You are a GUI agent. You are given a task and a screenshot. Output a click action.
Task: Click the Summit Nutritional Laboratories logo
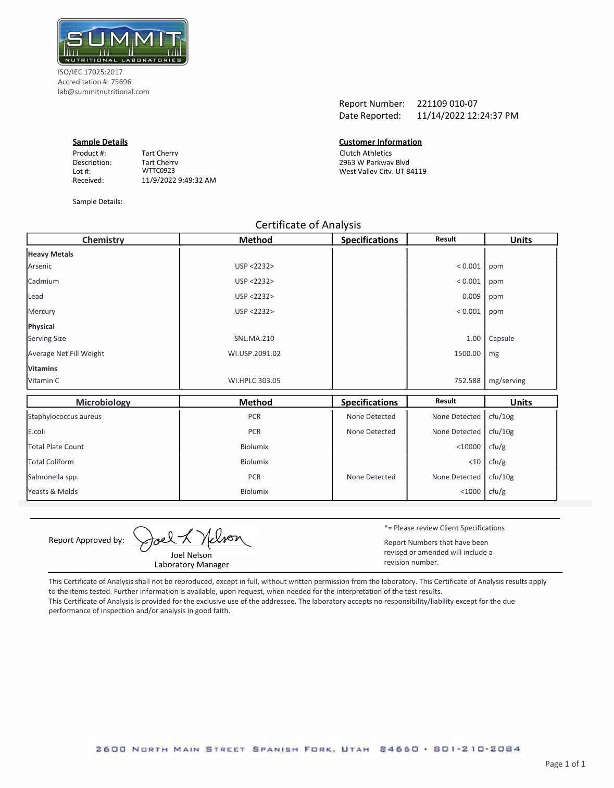(122, 42)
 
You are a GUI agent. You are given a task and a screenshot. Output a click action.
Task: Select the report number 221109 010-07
(447, 104)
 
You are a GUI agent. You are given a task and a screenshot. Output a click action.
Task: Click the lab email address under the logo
(103, 92)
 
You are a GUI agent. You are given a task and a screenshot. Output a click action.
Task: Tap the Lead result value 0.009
(471, 296)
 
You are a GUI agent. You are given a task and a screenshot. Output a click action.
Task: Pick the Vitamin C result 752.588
(467, 380)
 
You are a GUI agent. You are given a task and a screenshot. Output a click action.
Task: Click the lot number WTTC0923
(158, 171)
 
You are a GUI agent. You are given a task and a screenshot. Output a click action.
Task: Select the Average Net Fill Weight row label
(66, 353)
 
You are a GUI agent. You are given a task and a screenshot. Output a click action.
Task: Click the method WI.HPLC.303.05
(254, 380)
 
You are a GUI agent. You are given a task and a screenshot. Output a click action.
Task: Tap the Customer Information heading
(380, 142)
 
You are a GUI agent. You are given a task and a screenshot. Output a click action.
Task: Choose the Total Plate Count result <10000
(468, 447)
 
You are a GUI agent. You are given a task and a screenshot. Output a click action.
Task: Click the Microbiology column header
(103, 402)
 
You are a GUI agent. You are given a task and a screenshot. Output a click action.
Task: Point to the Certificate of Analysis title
(308, 225)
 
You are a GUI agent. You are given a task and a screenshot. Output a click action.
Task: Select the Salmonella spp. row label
(53, 477)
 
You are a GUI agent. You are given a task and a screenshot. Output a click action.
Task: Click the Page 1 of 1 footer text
(565, 764)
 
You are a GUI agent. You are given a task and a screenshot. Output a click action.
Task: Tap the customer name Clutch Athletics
(366, 153)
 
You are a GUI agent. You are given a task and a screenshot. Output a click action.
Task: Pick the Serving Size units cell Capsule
(501, 338)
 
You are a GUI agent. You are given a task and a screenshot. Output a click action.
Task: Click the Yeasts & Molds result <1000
(470, 491)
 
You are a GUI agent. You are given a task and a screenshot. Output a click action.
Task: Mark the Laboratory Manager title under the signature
(192, 564)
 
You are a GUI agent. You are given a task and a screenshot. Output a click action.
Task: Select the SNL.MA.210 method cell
(254, 338)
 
